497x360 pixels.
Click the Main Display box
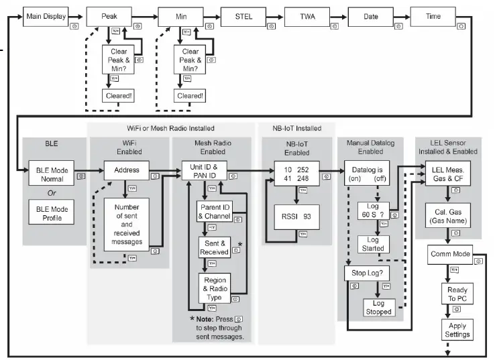[x=45, y=16]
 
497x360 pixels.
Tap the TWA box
[x=307, y=16]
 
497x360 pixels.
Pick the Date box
[x=370, y=16]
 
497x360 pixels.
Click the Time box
[x=434, y=16]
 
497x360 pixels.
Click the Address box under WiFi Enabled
[x=126, y=170]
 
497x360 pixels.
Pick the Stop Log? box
[x=363, y=273]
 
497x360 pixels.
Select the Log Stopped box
[x=378, y=307]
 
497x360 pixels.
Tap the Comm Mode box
[x=450, y=254]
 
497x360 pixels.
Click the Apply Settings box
[x=455, y=330]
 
